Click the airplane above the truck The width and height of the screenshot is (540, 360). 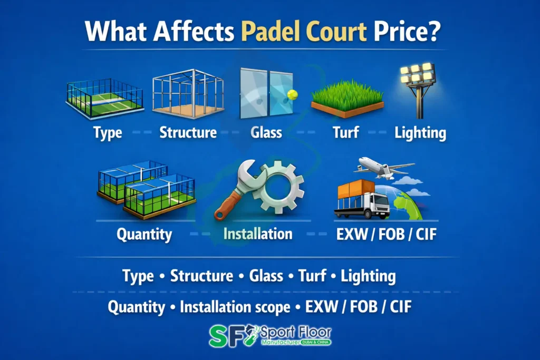[x=383, y=167]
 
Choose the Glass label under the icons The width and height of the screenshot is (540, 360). [x=266, y=132]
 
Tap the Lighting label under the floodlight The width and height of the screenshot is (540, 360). [x=420, y=132]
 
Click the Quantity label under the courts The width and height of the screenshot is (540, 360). [x=144, y=233]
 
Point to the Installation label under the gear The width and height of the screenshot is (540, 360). [x=258, y=233]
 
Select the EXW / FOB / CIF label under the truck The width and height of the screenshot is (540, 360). [x=387, y=233]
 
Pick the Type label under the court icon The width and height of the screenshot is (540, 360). [x=108, y=132]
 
